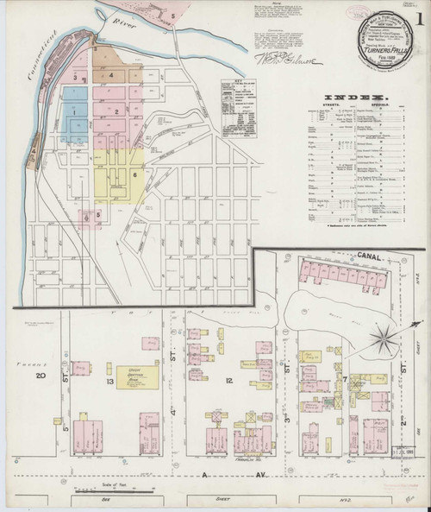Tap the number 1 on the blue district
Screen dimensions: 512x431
(75, 111)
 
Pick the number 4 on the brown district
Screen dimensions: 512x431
(111, 75)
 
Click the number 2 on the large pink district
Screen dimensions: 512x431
(116, 112)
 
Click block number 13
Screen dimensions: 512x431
(110, 380)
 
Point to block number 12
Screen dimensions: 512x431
(228, 380)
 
